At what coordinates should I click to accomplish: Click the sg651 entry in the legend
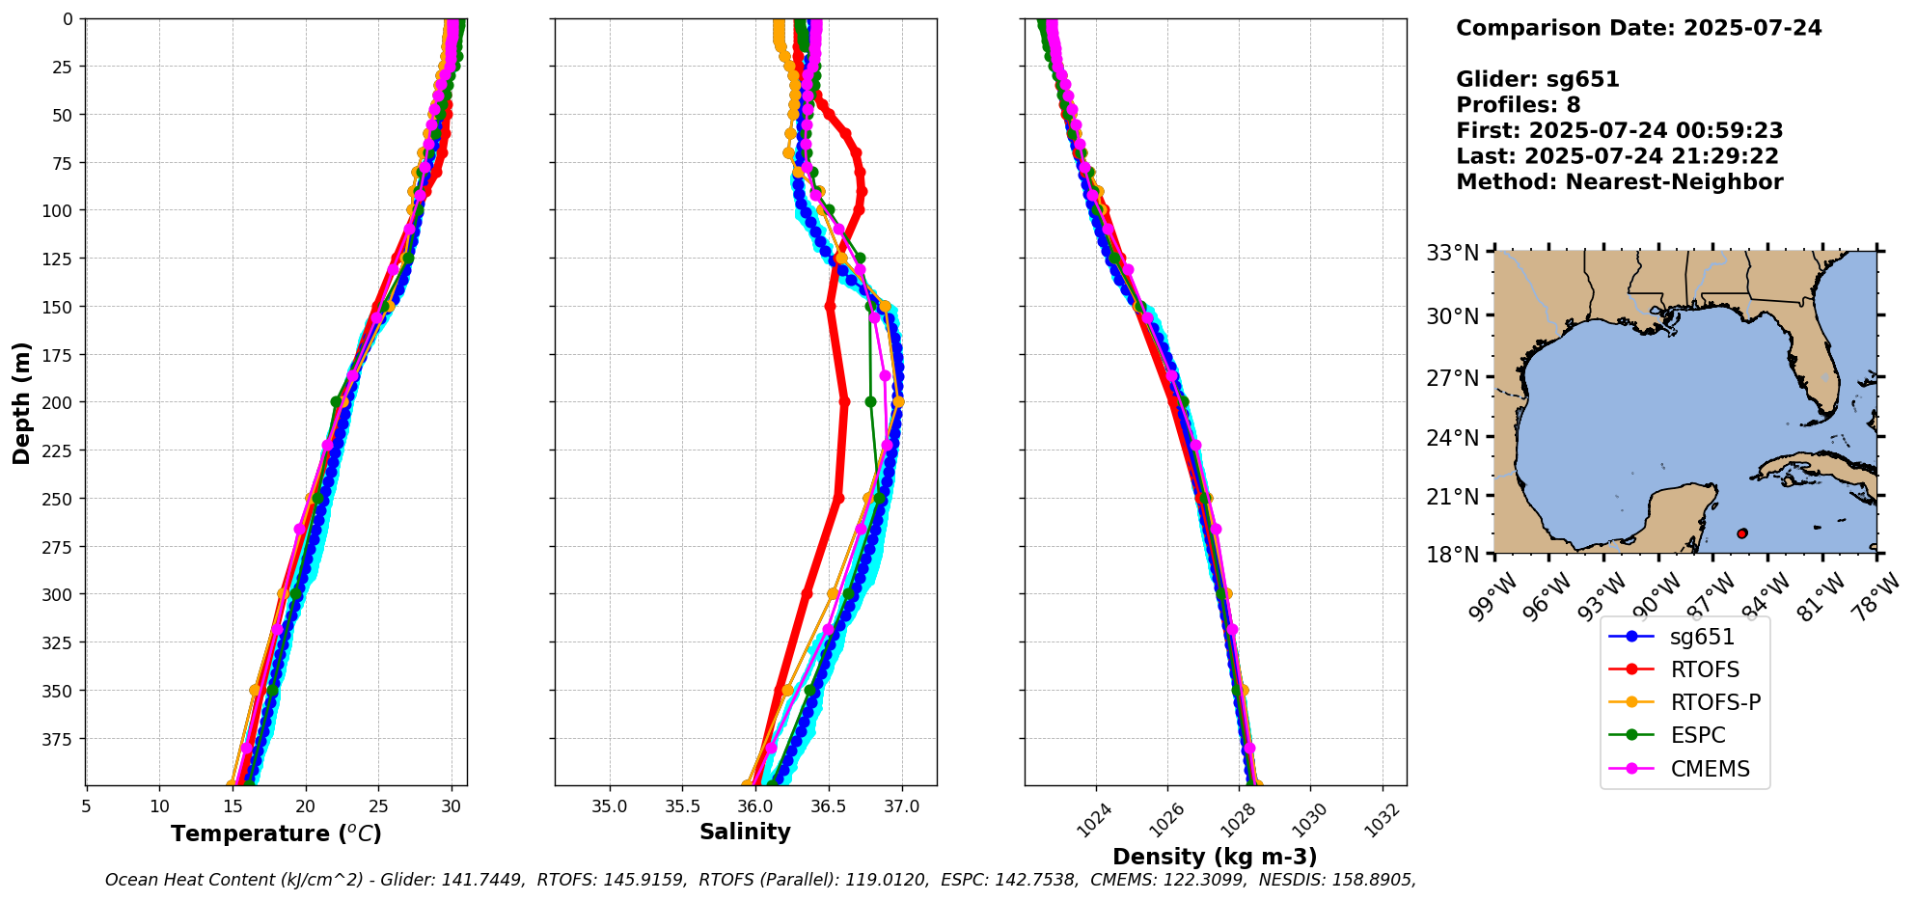pyautogui.click(x=1702, y=637)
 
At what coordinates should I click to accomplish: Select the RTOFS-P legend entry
pyautogui.click(x=1715, y=702)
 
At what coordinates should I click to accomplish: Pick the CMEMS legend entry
pyautogui.click(x=1710, y=769)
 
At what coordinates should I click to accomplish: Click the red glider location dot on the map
pyautogui.click(x=1741, y=533)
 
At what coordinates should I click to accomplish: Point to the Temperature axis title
pyautogui.click(x=276, y=833)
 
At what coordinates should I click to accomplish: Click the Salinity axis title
pyautogui.click(x=745, y=832)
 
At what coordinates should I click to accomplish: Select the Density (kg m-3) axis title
pyautogui.click(x=1215, y=857)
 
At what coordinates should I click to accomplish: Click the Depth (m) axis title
pyautogui.click(x=21, y=402)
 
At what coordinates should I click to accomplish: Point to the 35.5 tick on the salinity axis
pyautogui.click(x=682, y=806)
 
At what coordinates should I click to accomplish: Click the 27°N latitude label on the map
pyautogui.click(x=1453, y=377)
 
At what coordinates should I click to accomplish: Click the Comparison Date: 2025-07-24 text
pyautogui.click(x=1638, y=28)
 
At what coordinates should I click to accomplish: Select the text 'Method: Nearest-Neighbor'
pyautogui.click(x=1619, y=182)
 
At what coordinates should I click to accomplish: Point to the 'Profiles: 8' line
pyautogui.click(x=1518, y=105)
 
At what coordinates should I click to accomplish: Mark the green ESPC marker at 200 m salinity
pyautogui.click(x=870, y=401)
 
